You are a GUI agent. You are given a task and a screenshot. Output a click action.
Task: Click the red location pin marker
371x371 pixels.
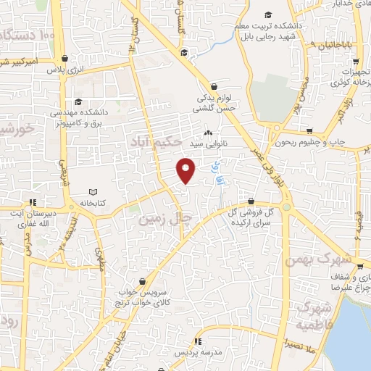186,170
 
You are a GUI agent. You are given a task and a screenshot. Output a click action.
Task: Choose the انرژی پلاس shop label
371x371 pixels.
65,70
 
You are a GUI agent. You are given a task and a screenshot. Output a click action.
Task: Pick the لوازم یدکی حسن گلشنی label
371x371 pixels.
214,102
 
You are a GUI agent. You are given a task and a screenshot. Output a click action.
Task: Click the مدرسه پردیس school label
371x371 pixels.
197,352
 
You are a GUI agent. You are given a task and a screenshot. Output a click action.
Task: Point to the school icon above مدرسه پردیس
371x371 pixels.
197,341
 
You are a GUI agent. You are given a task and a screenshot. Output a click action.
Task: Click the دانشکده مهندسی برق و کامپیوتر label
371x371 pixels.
78,119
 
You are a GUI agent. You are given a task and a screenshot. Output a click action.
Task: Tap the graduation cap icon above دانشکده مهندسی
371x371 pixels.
78,102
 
